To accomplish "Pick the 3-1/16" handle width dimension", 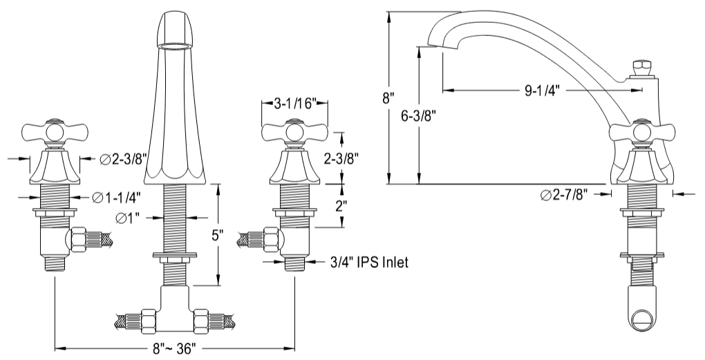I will pos(295,104).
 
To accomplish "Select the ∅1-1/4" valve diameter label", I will pos(117,198).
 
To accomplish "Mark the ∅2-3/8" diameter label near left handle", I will pos(124,160).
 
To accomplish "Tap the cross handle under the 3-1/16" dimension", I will pos(294,131).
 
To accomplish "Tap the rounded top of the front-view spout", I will pos(174,28).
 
